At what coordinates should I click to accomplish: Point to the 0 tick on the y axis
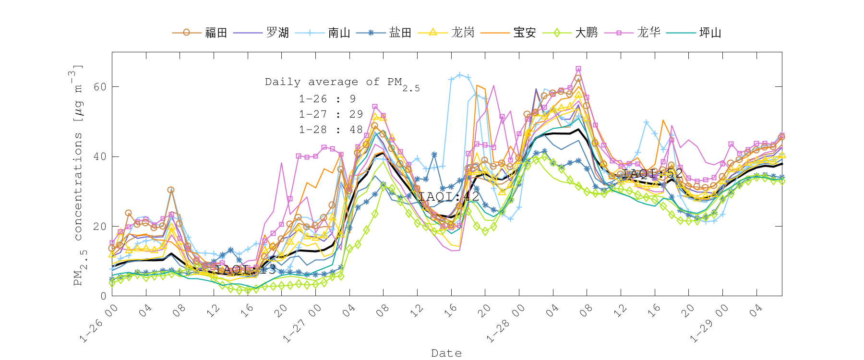[x=103, y=296]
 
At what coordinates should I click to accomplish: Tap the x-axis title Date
[x=446, y=353]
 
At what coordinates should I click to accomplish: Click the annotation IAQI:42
[x=449, y=196]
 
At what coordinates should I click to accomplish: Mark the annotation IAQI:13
[x=245, y=269]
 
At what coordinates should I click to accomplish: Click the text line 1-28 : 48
[x=330, y=130]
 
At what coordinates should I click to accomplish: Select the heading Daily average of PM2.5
[x=342, y=83]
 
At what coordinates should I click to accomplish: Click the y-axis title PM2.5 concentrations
[x=78, y=175]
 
